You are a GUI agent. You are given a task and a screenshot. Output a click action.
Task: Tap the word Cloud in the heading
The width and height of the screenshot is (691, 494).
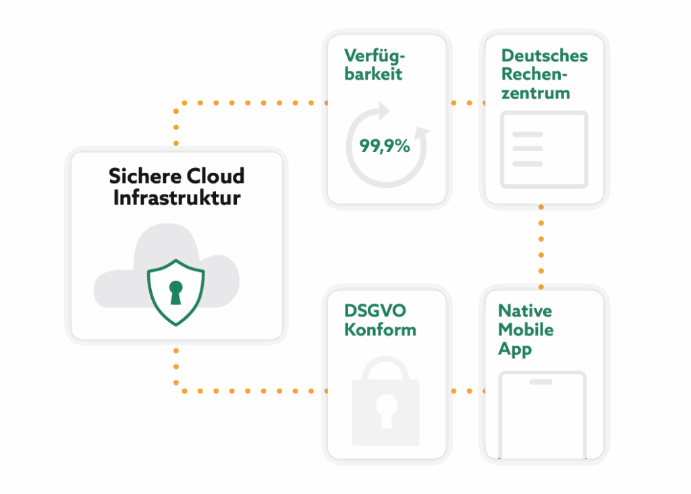(215, 177)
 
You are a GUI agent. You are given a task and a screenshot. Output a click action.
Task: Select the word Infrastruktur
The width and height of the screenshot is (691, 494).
(177, 198)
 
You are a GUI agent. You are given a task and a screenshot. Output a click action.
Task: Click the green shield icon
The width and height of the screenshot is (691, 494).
(176, 292)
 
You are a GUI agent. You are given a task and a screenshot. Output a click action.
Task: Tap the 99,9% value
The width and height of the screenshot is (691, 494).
(385, 145)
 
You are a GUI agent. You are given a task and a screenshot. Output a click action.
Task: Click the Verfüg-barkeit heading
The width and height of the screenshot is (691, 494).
(374, 65)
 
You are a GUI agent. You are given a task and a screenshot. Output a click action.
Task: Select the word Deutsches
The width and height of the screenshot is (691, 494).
(544, 55)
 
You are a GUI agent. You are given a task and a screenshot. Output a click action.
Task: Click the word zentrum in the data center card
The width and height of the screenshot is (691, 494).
(536, 93)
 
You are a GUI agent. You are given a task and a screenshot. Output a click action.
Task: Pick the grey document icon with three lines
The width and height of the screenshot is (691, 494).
(543, 149)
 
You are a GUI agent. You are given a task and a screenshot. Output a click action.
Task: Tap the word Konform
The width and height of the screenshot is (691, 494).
(380, 330)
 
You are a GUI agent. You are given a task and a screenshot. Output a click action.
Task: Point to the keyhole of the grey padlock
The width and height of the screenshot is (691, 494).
(386, 410)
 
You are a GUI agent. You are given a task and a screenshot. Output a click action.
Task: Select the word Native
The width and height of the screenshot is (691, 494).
(525, 311)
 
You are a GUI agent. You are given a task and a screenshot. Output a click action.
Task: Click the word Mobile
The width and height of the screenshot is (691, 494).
(526, 330)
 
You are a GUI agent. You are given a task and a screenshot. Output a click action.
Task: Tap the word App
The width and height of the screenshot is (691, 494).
(514, 350)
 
